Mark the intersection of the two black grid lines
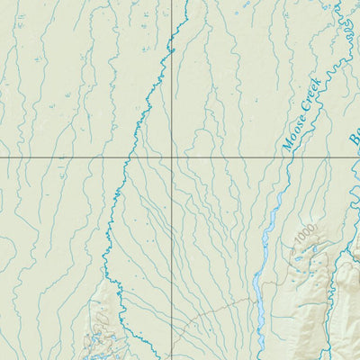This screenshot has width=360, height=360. click(x=173, y=158)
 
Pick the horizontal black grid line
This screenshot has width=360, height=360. click(x=72, y=158)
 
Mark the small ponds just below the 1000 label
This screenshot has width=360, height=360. click(x=301, y=256)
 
